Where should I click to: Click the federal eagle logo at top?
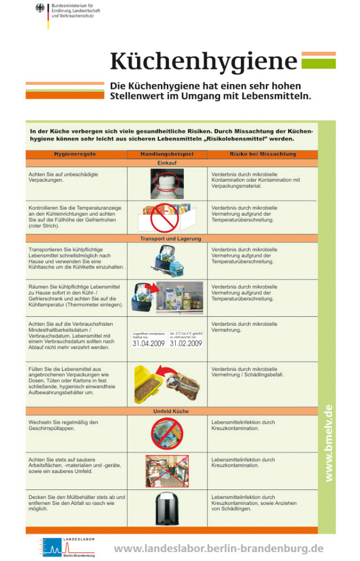point(40,8)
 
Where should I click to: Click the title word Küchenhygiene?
point(203,61)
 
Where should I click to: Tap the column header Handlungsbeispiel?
point(167,154)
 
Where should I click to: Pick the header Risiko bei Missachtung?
point(263,154)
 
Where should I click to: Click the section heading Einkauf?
point(167,163)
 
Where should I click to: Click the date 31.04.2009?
point(148,343)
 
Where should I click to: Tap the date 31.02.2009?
point(186,343)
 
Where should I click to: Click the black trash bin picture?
point(167,509)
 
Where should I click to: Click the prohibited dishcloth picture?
point(167,433)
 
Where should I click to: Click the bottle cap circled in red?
point(166,181)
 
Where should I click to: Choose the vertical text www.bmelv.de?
point(328,443)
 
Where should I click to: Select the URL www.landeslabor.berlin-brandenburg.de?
point(218,548)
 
